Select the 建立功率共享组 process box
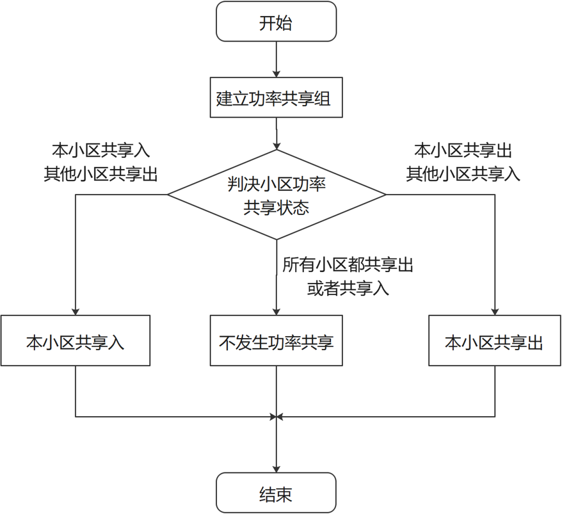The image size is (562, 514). [276, 98]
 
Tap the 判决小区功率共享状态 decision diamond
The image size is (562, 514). [276, 196]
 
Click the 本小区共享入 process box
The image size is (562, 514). [75, 341]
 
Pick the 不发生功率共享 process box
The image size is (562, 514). [276, 341]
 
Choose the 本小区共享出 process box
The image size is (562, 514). [495, 341]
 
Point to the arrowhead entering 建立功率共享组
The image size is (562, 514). [276, 73]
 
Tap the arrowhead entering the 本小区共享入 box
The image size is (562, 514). [75, 311]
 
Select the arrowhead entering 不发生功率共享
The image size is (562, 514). [276, 311]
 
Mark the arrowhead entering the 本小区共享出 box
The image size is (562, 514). [495, 311]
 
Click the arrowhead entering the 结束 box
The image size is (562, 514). [276, 469]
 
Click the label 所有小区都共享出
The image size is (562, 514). [348, 265]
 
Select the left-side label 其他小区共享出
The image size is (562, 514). [100, 174]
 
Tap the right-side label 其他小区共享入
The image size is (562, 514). [463, 174]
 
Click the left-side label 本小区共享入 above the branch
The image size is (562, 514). [100, 151]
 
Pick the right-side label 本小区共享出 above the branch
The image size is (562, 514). [463, 151]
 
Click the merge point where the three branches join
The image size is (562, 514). [276, 417]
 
